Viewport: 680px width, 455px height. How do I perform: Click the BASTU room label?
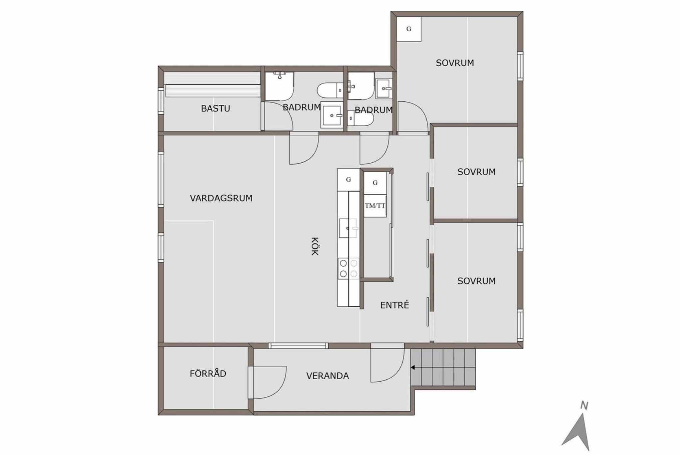click(215, 108)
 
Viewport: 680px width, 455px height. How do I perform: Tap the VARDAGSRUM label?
click(221, 198)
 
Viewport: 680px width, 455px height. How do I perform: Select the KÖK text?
click(315, 246)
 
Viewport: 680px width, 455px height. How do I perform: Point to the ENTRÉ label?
click(394, 305)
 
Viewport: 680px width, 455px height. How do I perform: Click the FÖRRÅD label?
click(208, 373)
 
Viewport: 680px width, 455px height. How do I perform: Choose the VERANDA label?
click(328, 376)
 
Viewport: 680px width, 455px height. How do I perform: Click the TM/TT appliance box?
click(375, 206)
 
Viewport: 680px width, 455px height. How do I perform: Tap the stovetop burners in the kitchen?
click(348, 268)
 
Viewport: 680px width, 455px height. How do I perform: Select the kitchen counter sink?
click(348, 228)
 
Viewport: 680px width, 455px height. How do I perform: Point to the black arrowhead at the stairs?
click(413, 367)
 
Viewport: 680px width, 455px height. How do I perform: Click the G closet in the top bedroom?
click(409, 29)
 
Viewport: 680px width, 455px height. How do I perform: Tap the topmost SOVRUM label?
click(455, 63)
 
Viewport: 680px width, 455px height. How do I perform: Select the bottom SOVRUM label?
click(476, 281)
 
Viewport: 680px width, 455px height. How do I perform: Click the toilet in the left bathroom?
click(330, 90)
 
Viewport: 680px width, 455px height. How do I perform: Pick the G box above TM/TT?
click(375, 183)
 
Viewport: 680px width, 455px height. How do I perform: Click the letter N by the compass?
click(584, 405)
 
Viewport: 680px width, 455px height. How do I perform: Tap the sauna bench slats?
click(213, 85)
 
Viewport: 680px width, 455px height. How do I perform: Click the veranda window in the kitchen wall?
click(298, 346)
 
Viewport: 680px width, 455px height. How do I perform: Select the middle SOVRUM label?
click(476, 172)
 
